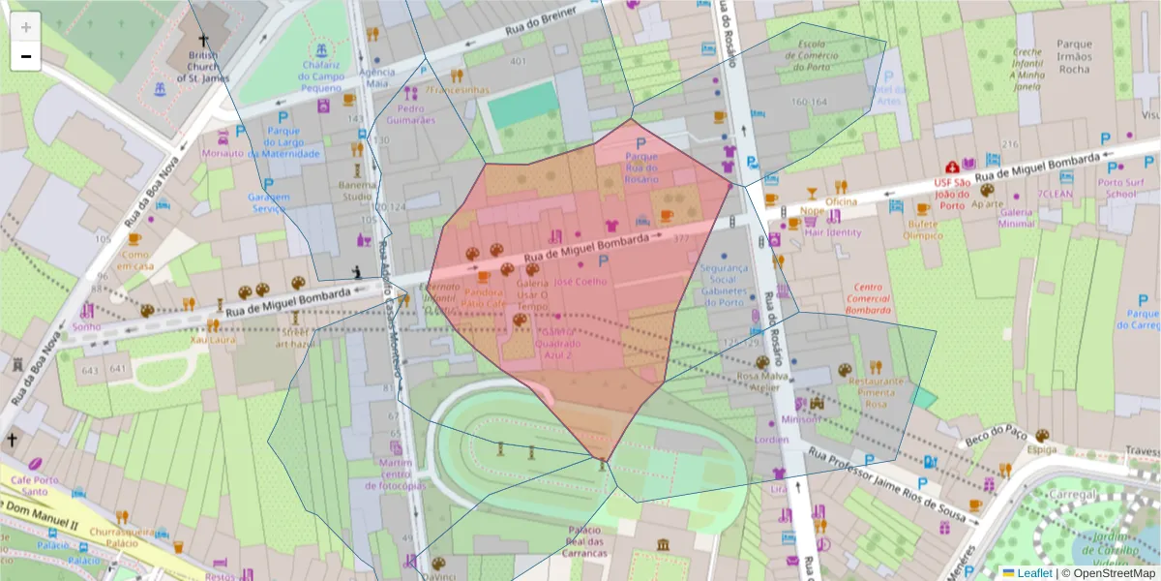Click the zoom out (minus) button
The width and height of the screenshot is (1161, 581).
pyautogui.click(x=26, y=56)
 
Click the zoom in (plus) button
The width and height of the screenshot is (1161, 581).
pyautogui.click(x=26, y=27)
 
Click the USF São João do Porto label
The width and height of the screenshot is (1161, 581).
pyautogui.click(x=953, y=193)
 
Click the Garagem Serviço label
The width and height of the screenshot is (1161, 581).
pyautogui.click(x=269, y=201)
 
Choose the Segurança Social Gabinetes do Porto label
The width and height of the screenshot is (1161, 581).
pyautogui.click(x=724, y=285)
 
